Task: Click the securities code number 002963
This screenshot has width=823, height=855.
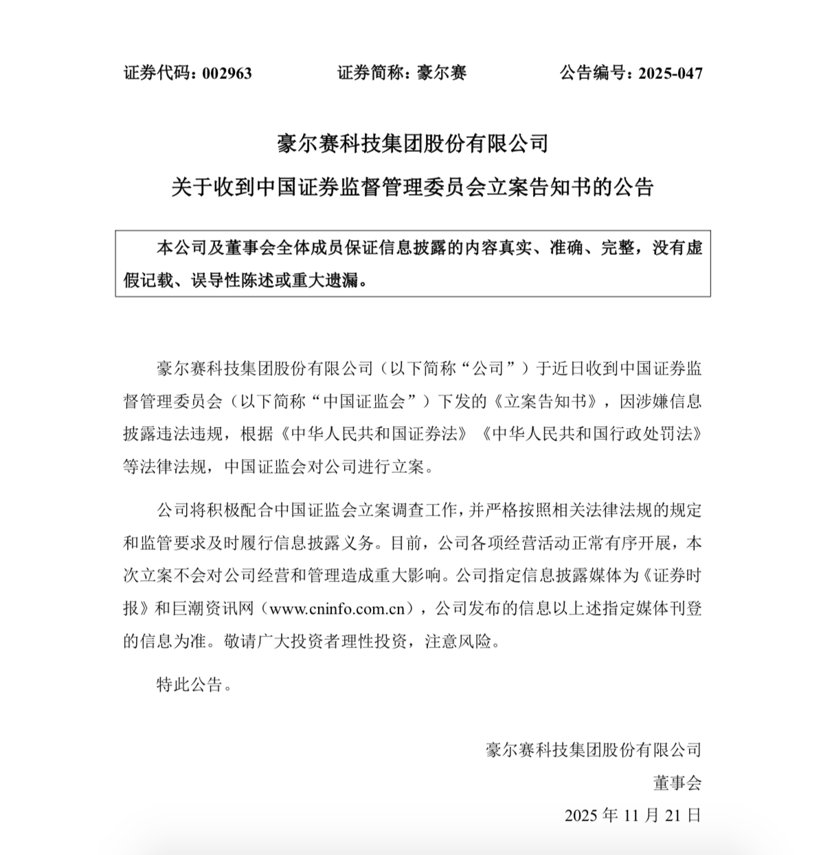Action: coord(227,73)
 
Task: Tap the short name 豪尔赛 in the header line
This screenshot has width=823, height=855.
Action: coord(442,73)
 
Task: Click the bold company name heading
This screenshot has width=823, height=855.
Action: coord(412,144)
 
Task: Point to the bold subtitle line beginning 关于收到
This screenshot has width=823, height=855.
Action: coord(412,187)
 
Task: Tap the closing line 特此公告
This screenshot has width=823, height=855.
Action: coord(190,685)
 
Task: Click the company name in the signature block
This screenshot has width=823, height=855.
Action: coord(594,749)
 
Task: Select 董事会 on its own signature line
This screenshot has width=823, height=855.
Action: coord(677,782)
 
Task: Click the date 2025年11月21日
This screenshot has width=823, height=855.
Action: coord(633,815)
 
